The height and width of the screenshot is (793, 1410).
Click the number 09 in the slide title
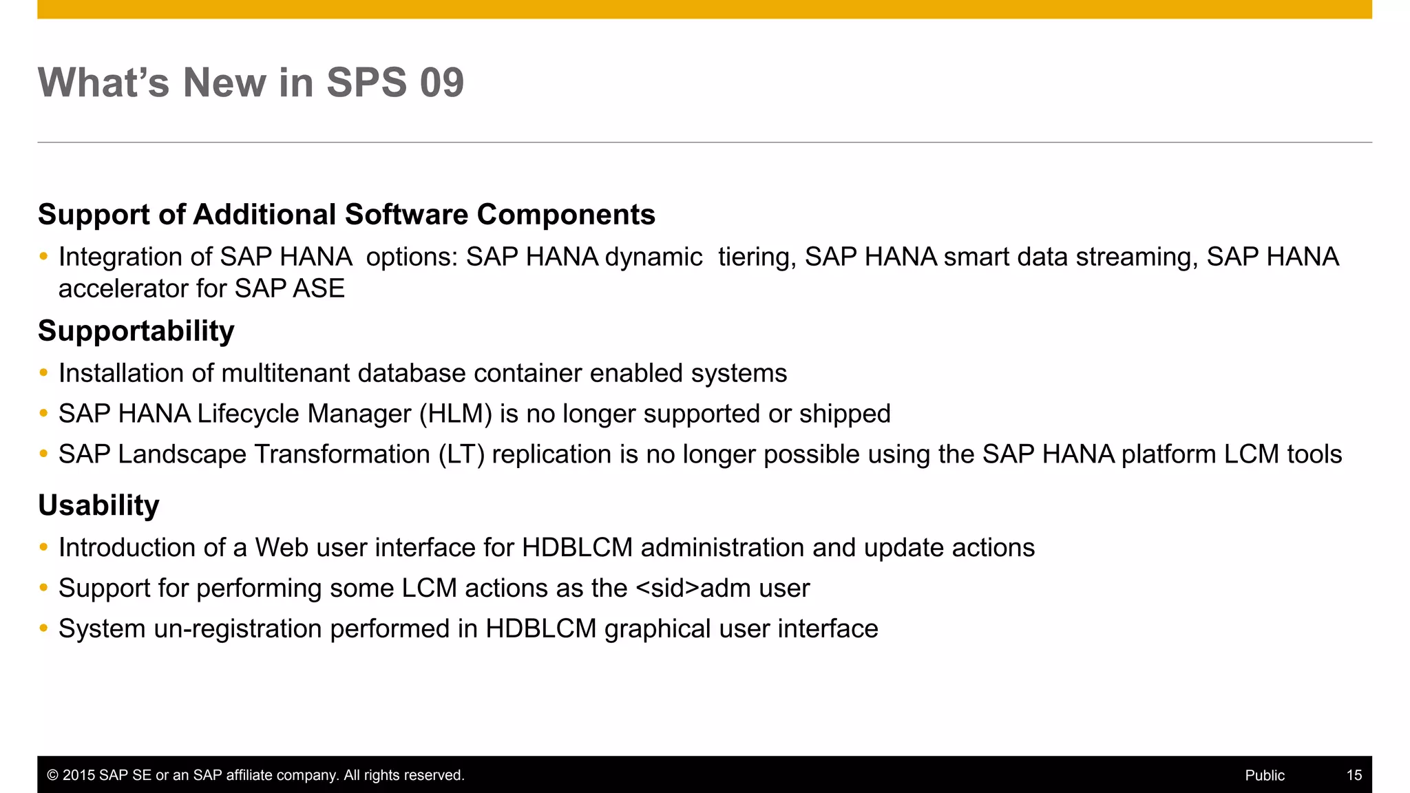[441, 83]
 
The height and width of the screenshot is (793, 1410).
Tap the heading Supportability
[136, 331]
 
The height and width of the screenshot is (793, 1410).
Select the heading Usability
[98, 505]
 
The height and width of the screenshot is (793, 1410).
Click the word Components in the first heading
[566, 215]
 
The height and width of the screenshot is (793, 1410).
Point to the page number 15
[1354, 775]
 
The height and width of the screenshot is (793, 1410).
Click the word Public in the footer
[1264, 775]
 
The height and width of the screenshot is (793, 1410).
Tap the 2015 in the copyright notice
[78, 775]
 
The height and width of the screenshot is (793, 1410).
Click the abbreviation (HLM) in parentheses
[456, 414]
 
